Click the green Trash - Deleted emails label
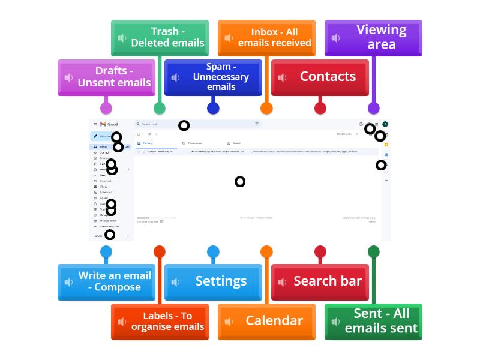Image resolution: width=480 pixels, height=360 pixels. tap(160, 38)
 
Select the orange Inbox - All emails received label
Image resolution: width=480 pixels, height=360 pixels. tap(266, 38)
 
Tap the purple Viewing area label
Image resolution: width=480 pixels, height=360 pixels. tap(373, 38)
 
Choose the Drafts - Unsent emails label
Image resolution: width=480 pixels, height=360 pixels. tap(106, 77)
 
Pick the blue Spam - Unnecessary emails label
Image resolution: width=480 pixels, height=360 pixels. tap(213, 77)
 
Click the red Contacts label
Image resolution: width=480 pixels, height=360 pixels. tap(320, 77)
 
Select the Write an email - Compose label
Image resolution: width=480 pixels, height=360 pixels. tap(106, 281)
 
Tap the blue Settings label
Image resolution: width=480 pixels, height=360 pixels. tap(213, 281)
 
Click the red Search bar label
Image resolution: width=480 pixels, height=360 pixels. tap(320, 281)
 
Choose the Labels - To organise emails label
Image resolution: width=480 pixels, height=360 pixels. tap(160, 321)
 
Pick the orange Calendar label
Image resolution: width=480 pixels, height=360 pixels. tap(266, 321)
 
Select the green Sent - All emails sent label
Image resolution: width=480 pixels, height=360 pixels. tap(373, 321)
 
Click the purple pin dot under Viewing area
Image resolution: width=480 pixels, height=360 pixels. tap(373, 108)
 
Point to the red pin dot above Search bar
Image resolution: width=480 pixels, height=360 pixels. tap(320, 252)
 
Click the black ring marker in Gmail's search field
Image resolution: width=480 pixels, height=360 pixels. tap(184, 125)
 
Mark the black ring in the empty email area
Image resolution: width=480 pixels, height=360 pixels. tap(240, 181)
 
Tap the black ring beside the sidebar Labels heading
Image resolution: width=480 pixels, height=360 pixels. tap(110, 235)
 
